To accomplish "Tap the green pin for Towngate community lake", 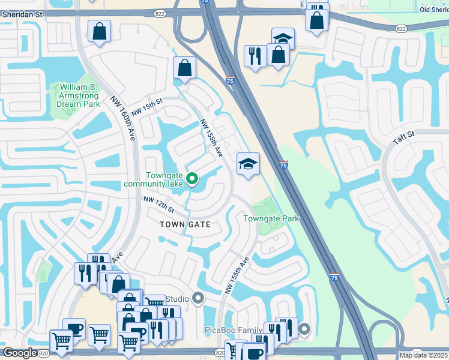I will pos(192,178).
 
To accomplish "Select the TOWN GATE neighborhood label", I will pos(185,224).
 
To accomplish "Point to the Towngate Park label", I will pos(271,218).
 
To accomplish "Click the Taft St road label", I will pos(403,137).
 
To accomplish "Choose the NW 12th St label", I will pos(158,205).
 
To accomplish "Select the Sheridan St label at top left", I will pos(22,13).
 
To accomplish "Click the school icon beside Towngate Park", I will pos(247,164).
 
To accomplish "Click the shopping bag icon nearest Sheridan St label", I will pos(99,31).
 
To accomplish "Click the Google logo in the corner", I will pos(20,353).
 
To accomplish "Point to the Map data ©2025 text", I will pos(423,355).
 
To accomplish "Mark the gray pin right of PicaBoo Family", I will pos(304,328).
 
